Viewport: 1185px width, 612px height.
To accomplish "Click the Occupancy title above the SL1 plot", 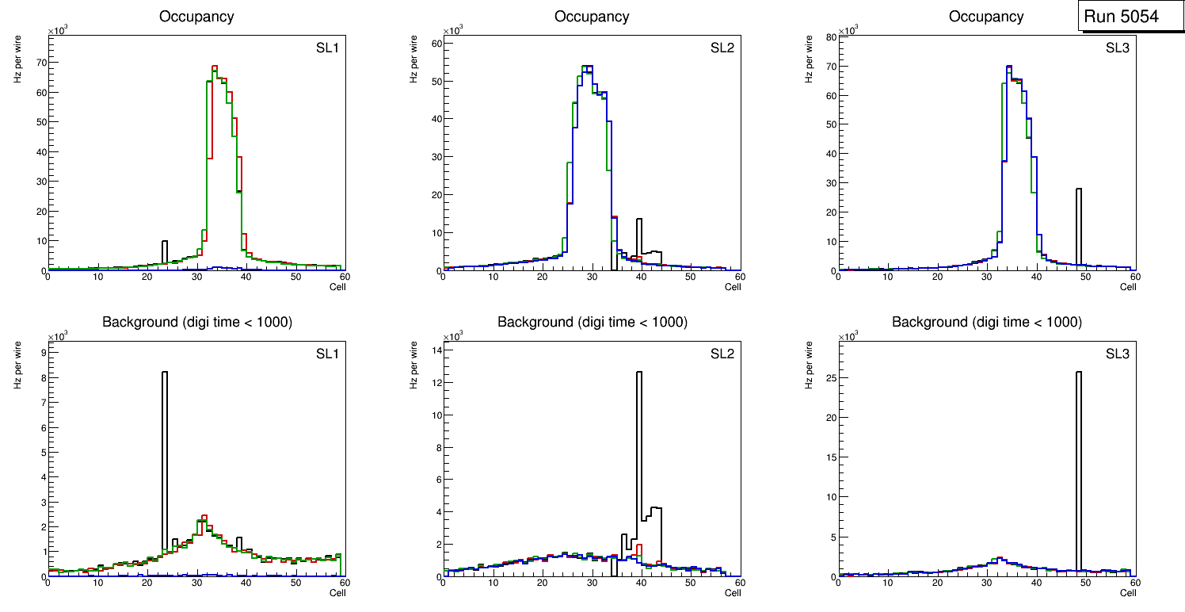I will [196, 17].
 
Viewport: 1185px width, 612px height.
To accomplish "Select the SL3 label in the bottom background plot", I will [1118, 354].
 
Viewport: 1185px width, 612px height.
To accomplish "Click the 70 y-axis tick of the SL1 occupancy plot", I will [38, 62].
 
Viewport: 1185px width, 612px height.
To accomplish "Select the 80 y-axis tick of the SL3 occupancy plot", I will [829, 36].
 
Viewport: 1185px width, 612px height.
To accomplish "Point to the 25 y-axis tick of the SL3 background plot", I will [829, 377].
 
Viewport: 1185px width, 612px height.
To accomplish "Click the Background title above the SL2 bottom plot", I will [592, 322].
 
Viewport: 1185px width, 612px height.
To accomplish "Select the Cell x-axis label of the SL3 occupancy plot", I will [1128, 287].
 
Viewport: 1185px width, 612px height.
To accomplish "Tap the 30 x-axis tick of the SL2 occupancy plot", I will [592, 277].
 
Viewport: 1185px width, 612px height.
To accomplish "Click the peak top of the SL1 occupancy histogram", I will [214, 67].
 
